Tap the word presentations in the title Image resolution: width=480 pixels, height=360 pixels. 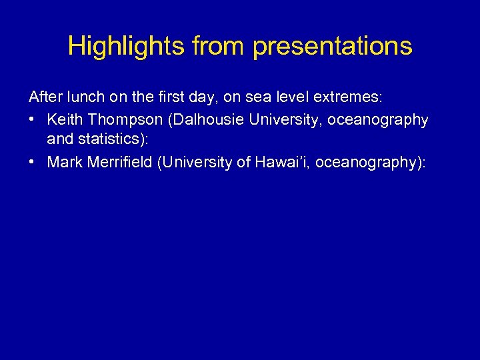click(x=333, y=46)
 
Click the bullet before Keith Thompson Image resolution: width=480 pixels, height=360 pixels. click(x=33, y=119)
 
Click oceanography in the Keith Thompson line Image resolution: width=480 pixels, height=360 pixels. click(x=377, y=119)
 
